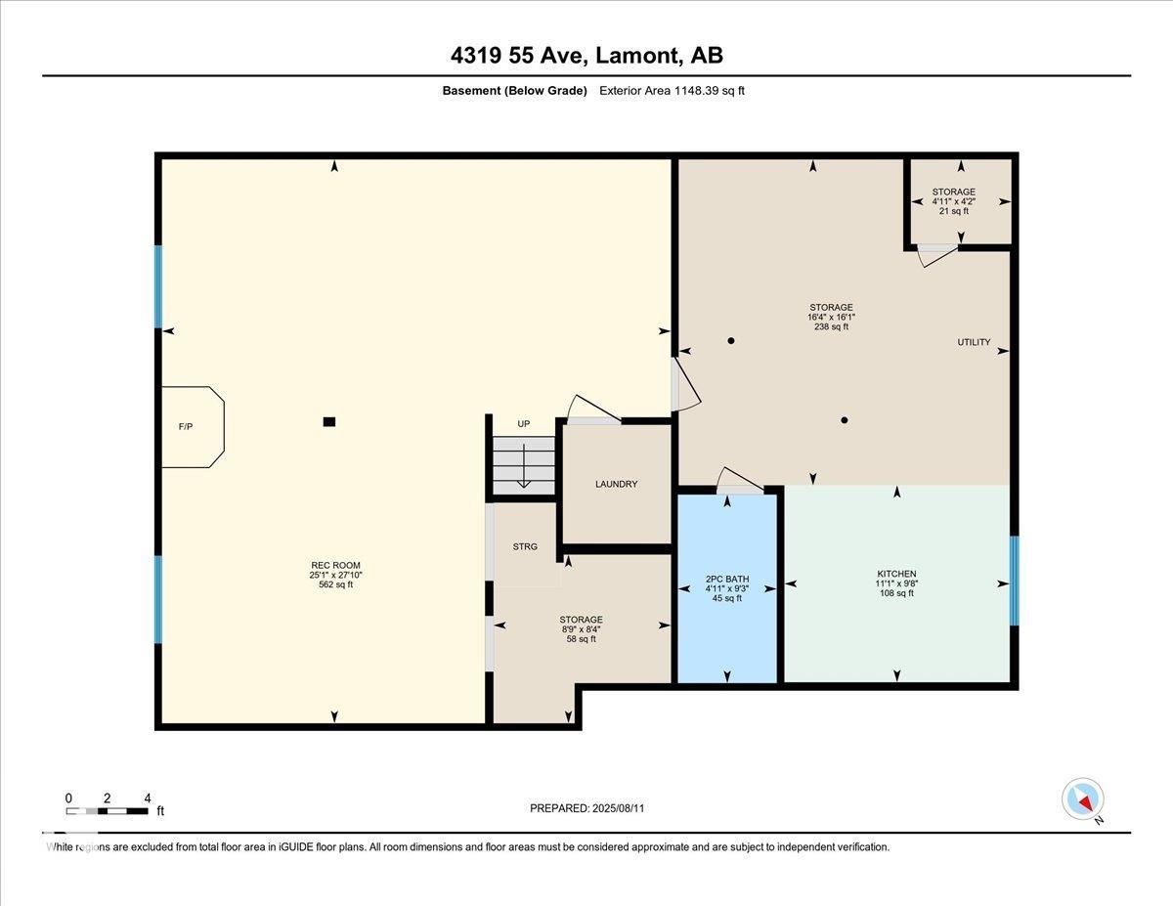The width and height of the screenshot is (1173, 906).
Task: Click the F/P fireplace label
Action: click(x=185, y=427)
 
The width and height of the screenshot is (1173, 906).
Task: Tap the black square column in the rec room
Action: click(x=329, y=422)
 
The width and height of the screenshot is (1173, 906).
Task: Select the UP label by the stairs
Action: click(x=524, y=424)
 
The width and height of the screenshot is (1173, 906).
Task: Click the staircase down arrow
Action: click(x=524, y=466)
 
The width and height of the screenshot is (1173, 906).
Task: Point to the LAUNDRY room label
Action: click(x=617, y=484)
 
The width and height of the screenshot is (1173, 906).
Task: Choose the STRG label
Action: click(x=525, y=546)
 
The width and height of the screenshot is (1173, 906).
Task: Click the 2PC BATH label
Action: click(x=727, y=580)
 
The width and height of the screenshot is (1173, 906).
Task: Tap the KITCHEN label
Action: click(x=896, y=574)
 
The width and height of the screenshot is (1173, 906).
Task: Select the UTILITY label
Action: click(x=974, y=342)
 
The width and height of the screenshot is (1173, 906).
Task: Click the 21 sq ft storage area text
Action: click(x=954, y=211)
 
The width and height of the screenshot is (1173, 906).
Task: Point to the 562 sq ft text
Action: click(x=335, y=584)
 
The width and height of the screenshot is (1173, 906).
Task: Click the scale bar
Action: click(x=107, y=811)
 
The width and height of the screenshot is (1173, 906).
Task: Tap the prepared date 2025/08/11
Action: click(x=618, y=808)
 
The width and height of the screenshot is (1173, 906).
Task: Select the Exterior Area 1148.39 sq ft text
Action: click(x=673, y=91)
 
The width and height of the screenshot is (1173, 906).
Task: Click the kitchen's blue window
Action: click(x=1015, y=581)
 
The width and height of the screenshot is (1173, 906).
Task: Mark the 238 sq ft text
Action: click(x=831, y=326)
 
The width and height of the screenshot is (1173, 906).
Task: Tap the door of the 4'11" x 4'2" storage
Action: click(x=938, y=255)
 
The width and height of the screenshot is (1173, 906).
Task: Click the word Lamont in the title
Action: click(x=637, y=56)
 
